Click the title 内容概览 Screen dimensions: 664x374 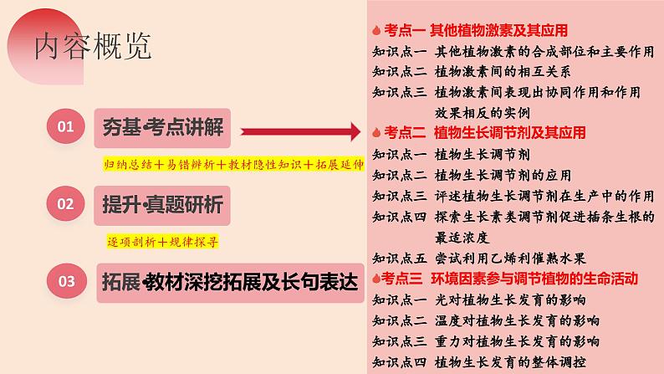(93, 47)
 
